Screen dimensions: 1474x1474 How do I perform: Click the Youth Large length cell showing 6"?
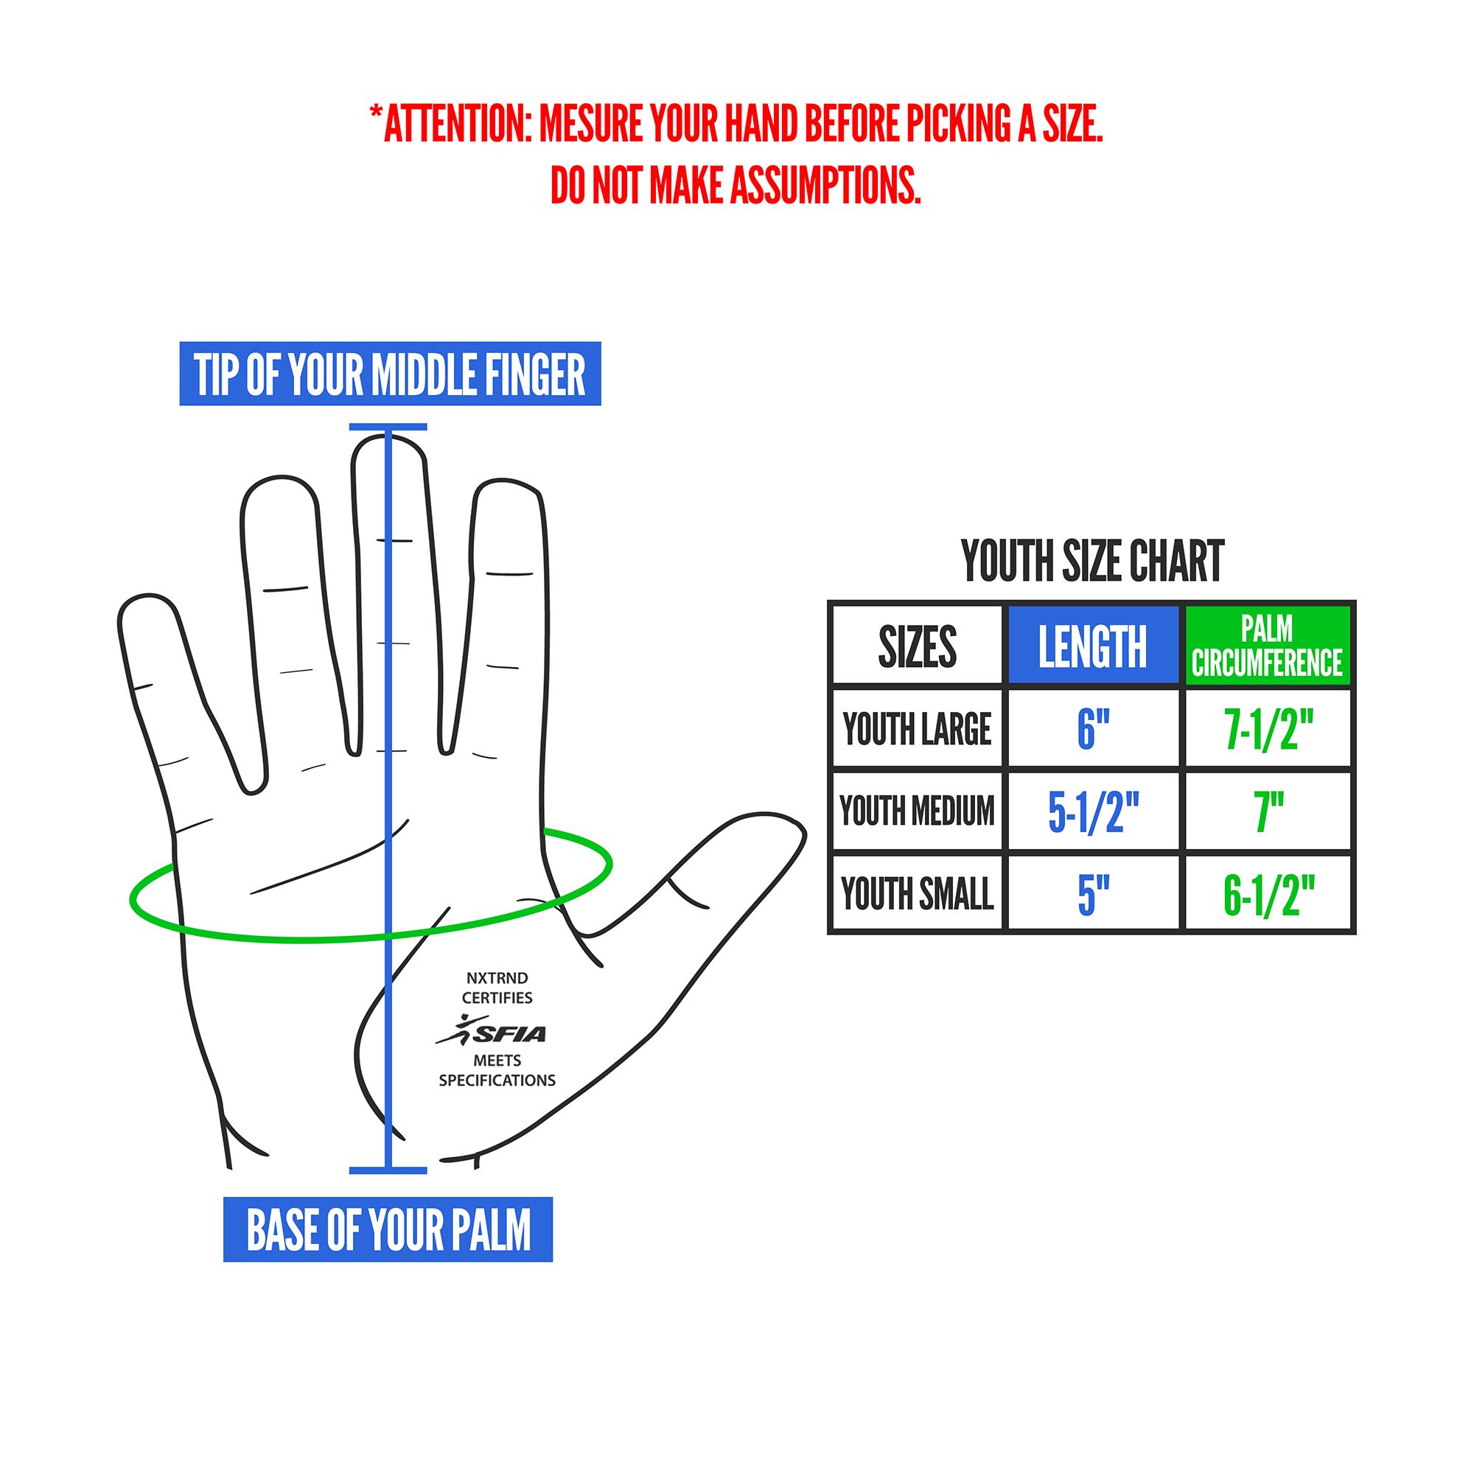1092,729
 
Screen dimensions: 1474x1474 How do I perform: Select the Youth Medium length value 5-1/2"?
1092,811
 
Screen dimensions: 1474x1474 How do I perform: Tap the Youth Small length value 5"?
1092,893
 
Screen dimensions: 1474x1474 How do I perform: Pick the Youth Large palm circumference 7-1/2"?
1268,729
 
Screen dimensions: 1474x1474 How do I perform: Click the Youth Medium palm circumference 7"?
1268,811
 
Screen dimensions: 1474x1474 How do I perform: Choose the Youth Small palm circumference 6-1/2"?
1268,893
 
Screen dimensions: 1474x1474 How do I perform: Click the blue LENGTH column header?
1092,646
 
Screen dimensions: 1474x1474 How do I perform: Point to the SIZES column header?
917,646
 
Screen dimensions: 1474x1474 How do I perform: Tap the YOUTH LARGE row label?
917,729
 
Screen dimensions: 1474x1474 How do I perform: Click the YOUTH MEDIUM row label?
917,811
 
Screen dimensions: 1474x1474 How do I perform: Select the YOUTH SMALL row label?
917,893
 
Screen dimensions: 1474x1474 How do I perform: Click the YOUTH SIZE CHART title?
1091,562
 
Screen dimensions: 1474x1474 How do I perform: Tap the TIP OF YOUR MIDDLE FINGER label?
390,374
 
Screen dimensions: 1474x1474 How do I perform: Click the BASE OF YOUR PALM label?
388,1230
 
